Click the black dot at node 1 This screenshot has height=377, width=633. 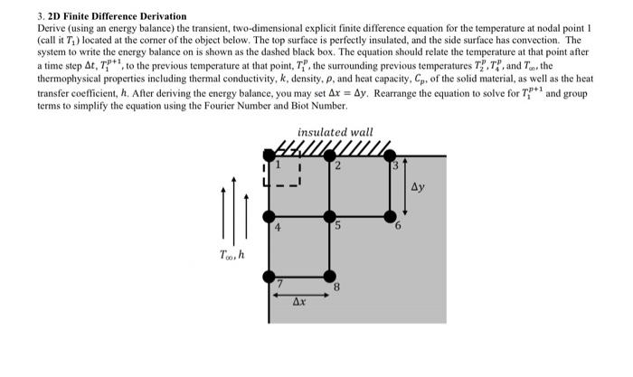pos(269,156)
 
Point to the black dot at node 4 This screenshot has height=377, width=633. pos(269,216)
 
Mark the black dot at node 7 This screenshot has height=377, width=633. pos(269,276)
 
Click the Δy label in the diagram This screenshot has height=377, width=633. pos(417,188)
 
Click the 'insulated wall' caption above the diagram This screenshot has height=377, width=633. pos(335,132)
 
